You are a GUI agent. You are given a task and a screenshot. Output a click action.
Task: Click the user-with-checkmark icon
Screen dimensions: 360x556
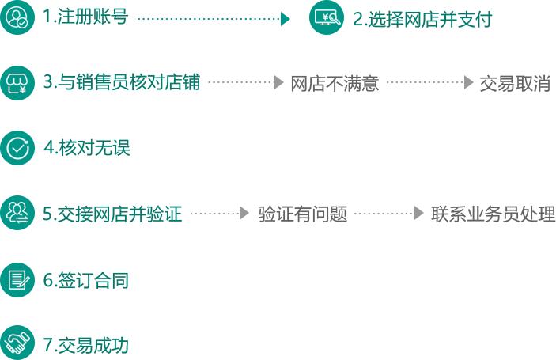point(17,17)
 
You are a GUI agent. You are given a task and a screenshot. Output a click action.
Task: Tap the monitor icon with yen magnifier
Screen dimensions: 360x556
point(326,17)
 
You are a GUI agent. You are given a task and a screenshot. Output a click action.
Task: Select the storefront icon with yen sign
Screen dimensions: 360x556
point(17,82)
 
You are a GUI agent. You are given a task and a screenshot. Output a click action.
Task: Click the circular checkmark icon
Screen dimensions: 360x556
point(17,147)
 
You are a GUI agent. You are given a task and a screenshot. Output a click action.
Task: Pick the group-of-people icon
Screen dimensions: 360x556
point(17,212)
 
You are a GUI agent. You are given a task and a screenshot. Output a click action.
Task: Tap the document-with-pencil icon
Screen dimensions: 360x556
point(17,279)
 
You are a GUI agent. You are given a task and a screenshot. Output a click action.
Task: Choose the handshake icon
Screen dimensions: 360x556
point(17,343)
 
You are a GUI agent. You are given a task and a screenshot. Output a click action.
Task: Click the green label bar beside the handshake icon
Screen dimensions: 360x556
point(85,344)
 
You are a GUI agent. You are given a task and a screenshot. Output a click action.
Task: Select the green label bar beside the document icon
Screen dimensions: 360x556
point(85,280)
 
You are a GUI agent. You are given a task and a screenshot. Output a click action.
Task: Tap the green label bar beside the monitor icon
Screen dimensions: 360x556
point(422,19)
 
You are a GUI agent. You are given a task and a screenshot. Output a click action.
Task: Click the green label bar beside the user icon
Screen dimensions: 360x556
point(85,16)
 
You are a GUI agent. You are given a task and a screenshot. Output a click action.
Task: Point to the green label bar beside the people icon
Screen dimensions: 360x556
point(112,214)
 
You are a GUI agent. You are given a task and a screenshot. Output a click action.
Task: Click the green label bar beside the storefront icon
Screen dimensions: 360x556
point(119,82)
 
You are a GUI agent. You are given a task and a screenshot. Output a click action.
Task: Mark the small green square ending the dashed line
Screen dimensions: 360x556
point(286,18)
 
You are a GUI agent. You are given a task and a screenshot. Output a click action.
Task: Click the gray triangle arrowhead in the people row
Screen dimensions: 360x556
point(419,213)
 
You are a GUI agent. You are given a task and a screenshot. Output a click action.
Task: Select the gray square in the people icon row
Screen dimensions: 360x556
point(244,213)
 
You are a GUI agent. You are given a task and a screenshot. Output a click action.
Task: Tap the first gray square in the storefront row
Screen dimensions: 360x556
point(278,82)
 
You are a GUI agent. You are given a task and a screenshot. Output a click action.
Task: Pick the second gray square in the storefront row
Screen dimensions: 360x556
point(469,82)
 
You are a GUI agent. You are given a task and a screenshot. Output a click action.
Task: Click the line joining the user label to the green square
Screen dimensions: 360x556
point(208,18)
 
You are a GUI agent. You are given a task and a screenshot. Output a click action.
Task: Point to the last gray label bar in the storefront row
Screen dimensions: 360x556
point(513,83)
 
